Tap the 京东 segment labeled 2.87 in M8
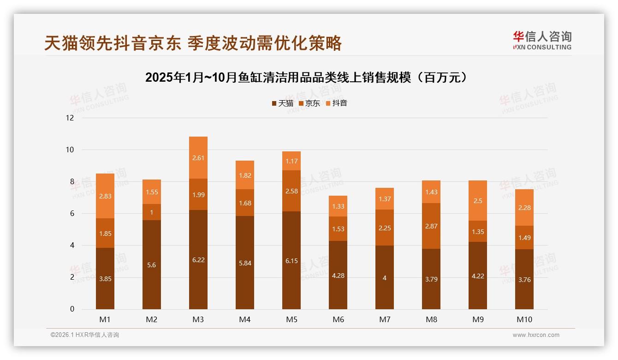pos(431,226)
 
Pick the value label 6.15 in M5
pos(291,261)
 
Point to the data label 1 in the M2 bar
pos(152,212)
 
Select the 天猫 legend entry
pos(282,103)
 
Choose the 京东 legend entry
pos(309,103)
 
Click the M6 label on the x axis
pos(338,319)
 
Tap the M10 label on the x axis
pos(524,319)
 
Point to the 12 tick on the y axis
pos(70,118)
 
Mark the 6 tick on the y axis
pos(71,213)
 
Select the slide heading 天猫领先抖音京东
pos(193,43)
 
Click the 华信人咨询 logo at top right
pos(542,40)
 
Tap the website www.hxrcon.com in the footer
pos(536,335)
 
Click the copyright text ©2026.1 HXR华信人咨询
pos(85,335)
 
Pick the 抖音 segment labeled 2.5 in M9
pos(478,201)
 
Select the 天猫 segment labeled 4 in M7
pos(385,278)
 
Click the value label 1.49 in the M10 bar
pos(524,238)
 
